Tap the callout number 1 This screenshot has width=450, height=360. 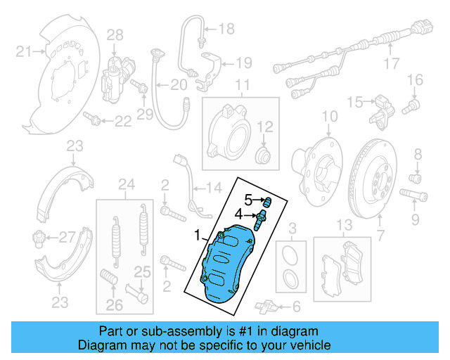tap(198, 232)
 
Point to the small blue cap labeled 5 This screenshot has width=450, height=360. tap(266, 200)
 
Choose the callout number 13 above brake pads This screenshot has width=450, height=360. tap(343, 225)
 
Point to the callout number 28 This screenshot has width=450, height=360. tap(114, 34)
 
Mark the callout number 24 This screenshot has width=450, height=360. tap(126, 185)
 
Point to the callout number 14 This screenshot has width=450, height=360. tap(213, 188)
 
